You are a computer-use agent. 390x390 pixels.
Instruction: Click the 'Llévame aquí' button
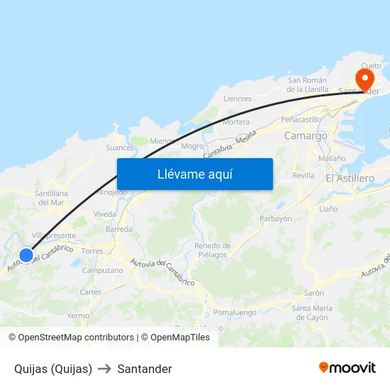click(x=195, y=174)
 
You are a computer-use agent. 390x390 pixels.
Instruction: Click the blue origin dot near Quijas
click(x=26, y=255)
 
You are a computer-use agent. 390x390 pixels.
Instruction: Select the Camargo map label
click(x=306, y=135)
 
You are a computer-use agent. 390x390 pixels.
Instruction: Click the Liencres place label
click(x=238, y=99)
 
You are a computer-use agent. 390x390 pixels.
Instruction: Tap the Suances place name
click(x=119, y=147)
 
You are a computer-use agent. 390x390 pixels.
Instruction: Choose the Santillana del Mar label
click(x=51, y=198)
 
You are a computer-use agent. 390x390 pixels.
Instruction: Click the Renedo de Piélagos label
click(x=211, y=250)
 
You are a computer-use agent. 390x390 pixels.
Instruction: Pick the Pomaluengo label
click(x=235, y=312)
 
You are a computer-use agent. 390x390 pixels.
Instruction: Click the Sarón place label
click(x=313, y=293)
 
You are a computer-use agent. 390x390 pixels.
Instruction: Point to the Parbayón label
click(x=276, y=219)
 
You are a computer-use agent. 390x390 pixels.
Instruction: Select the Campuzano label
click(x=103, y=270)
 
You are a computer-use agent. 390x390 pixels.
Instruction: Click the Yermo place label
click(x=78, y=316)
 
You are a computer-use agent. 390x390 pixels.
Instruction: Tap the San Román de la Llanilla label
click(x=307, y=85)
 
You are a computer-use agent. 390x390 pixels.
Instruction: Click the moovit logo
click(x=347, y=368)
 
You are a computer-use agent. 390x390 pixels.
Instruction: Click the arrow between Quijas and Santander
click(x=105, y=369)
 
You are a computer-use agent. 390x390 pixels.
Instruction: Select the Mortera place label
click(x=236, y=122)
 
